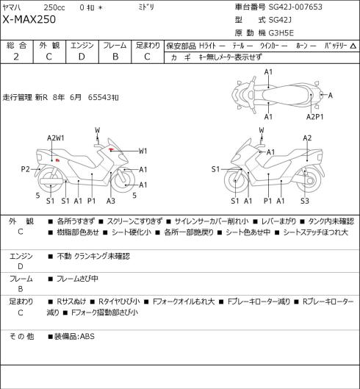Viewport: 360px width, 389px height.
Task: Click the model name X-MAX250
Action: tap(29, 20)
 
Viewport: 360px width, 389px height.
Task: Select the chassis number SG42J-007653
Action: tap(295, 7)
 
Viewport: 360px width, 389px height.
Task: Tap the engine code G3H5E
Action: tap(281, 33)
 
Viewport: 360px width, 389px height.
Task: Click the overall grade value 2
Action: tap(16, 57)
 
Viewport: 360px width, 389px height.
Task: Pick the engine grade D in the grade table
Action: tap(82, 57)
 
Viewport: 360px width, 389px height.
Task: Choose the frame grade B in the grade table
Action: tap(115, 57)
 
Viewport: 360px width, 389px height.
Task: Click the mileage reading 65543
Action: tap(99, 97)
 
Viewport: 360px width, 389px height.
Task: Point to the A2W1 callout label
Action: tap(56, 138)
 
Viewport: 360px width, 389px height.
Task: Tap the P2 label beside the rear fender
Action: tap(25, 169)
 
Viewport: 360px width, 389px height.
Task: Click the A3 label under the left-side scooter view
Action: tap(111, 201)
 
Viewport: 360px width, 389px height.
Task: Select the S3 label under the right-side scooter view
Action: tap(305, 201)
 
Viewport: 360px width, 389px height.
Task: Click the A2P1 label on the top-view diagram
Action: tap(315, 117)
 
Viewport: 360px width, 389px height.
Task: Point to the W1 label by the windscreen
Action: tap(143, 151)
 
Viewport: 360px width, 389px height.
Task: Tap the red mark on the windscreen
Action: tap(111, 149)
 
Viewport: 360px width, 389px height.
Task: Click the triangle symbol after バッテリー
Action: tap(353, 46)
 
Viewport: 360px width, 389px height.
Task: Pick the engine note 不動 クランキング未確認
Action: tap(93, 256)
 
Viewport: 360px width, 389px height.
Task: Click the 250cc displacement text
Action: tap(54, 7)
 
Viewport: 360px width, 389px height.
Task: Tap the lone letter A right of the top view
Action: tap(330, 96)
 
